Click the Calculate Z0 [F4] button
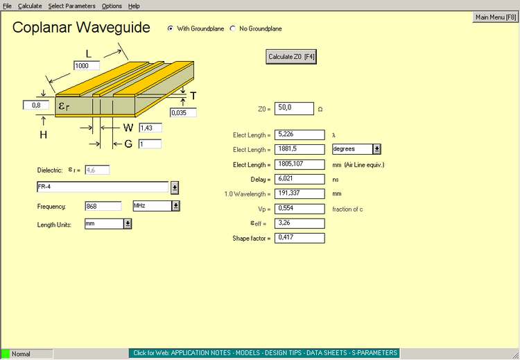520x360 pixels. click(291, 57)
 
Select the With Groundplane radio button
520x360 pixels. click(171, 28)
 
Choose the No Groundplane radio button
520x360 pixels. click(233, 28)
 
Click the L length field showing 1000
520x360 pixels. click(87, 66)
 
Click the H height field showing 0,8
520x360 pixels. click(36, 105)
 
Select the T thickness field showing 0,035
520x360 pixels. click(183, 112)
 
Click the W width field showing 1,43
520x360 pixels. click(150, 128)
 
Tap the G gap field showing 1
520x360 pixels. click(150, 144)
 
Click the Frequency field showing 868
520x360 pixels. click(103, 206)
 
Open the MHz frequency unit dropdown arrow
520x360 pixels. click(176, 206)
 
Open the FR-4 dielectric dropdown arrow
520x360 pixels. click(175, 188)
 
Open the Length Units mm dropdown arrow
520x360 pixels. click(128, 224)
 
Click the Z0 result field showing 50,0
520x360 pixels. click(294, 108)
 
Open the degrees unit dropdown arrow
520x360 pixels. click(376, 149)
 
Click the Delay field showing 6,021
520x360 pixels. click(300, 179)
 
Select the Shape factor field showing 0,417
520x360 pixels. click(300, 238)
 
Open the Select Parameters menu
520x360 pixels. click(71, 6)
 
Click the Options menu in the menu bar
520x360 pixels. click(112, 6)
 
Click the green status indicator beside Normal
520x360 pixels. click(6, 354)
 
